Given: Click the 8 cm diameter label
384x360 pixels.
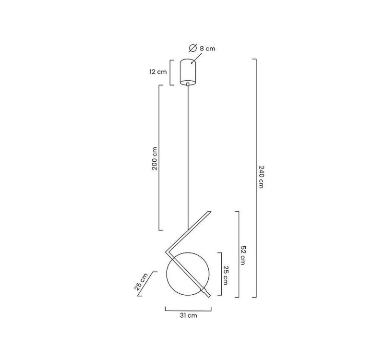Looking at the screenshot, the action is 207,48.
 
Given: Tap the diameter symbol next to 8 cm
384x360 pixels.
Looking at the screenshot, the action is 193,48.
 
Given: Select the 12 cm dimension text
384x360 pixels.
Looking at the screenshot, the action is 158,72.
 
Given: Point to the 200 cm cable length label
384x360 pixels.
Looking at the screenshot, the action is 155,158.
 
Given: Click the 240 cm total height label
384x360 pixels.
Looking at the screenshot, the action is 261,177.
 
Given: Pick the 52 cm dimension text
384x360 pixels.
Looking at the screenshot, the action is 242,255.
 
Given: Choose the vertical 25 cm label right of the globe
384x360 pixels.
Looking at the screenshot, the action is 225,275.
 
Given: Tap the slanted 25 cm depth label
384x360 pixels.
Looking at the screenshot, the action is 141,282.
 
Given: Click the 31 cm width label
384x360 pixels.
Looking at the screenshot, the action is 188,315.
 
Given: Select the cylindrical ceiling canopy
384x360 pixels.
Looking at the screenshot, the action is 188,72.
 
